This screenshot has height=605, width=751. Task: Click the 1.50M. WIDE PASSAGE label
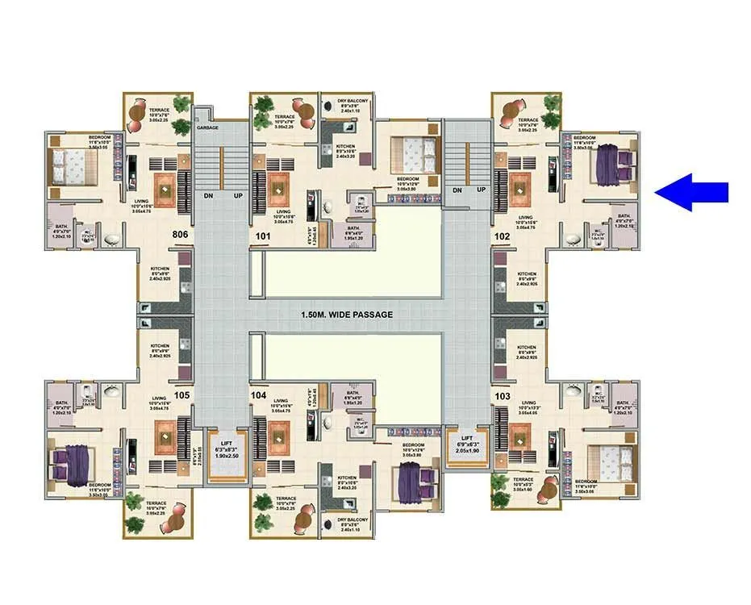[347, 315]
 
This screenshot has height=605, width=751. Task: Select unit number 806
[181, 234]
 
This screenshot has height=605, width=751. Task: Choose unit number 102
[502, 236]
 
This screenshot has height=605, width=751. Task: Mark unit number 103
[502, 395]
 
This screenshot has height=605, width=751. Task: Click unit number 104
[258, 395]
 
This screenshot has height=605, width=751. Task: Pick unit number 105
[181, 395]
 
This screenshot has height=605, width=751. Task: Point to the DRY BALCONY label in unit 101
[353, 101]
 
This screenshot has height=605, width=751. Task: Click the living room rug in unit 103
[519, 440]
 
